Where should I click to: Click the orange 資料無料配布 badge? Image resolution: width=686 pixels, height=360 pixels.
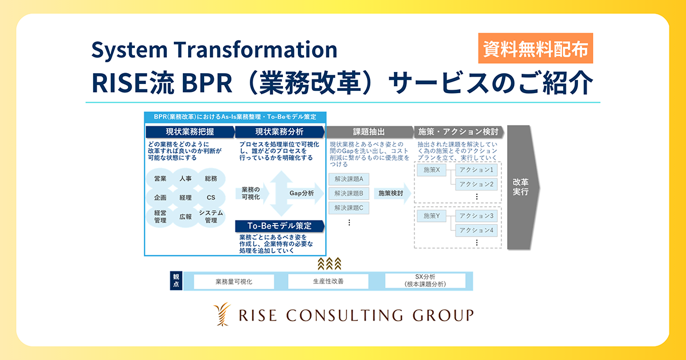point(535,49)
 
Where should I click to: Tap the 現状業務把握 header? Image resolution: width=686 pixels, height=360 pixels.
point(190,132)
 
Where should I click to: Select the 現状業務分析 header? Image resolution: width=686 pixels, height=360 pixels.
point(280,132)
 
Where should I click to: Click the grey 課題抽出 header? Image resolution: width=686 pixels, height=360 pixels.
point(369,132)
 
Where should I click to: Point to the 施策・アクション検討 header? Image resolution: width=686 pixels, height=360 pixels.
point(458,132)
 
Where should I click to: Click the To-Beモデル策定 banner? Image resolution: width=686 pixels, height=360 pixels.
point(280,226)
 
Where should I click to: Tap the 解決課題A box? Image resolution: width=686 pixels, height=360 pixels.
point(349,179)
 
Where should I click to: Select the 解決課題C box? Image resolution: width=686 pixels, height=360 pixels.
point(349,208)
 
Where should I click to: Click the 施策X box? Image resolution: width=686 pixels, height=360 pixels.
point(432,170)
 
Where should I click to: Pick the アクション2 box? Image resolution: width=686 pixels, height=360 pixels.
point(476,184)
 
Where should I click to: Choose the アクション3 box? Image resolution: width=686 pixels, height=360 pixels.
point(476,216)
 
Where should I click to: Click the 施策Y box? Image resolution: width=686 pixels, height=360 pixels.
point(432,216)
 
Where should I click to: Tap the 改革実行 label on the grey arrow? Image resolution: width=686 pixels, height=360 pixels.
point(521,187)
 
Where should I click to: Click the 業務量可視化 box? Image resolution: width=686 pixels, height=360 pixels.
point(234,281)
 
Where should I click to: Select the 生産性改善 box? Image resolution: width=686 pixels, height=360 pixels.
point(328,281)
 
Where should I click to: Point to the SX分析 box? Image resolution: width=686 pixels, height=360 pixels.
point(425,281)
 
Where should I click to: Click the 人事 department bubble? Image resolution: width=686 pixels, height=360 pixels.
point(186,178)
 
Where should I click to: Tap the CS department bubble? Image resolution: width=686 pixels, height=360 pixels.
point(211,198)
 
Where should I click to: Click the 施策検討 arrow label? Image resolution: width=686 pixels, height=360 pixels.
point(390,193)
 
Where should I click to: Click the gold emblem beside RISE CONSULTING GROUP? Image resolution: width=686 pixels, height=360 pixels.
point(222,314)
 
